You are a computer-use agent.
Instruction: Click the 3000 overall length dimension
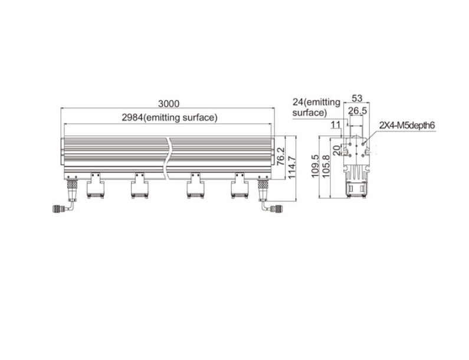[x=169, y=103]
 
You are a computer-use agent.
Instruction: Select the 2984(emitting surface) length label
[x=169, y=117]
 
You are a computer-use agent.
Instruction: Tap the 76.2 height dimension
[x=281, y=156]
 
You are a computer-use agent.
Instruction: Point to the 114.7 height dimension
[x=292, y=167]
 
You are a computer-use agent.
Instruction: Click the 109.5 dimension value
[x=315, y=166]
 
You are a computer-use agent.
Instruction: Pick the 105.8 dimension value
[x=326, y=166]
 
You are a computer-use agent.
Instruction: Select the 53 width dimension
[x=357, y=98]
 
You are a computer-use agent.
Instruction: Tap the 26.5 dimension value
[x=358, y=111]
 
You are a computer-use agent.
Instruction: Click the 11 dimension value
[x=336, y=125]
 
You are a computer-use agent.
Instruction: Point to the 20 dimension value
[x=337, y=150]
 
